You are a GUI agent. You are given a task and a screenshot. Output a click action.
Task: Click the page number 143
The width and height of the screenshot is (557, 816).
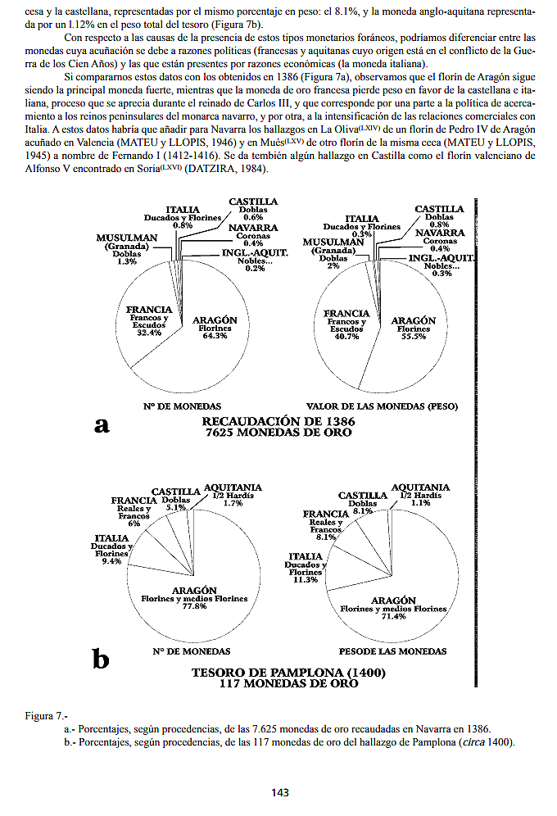(x=280, y=792)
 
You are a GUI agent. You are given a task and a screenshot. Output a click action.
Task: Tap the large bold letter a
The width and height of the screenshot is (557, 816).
(x=102, y=424)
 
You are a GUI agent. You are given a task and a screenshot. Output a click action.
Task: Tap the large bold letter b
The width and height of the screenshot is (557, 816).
(x=101, y=658)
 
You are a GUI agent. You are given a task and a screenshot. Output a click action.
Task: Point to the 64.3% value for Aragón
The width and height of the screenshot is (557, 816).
(x=215, y=336)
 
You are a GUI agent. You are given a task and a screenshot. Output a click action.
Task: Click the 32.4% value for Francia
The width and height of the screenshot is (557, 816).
(x=148, y=333)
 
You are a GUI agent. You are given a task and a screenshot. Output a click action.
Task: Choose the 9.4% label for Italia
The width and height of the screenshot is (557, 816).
(x=111, y=561)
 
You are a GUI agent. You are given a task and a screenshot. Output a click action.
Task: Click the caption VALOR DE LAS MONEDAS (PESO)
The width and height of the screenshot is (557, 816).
(x=382, y=406)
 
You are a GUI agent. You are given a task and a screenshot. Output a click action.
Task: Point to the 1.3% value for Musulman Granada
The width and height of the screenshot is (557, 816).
(x=127, y=261)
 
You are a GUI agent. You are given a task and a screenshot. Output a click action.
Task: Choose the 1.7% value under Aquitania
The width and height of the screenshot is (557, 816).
(x=233, y=503)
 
